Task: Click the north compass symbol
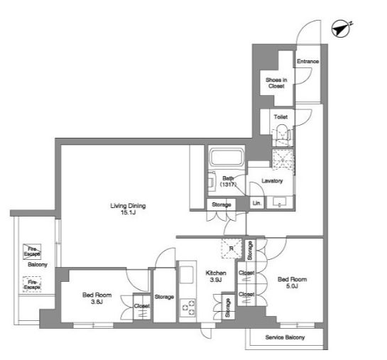(341, 28)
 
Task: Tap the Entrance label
(307, 61)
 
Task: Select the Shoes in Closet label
(276, 83)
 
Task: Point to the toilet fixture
(282, 135)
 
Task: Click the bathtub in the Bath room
(226, 157)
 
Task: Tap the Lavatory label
(272, 181)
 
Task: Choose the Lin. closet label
(256, 203)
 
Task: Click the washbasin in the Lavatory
(280, 202)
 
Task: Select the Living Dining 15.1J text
(128, 209)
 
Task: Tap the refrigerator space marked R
(231, 249)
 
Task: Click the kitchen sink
(187, 275)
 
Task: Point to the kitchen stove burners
(188, 307)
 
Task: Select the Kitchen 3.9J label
(216, 276)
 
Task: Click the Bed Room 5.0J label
(293, 283)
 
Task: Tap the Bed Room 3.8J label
(97, 298)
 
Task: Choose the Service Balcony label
(285, 337)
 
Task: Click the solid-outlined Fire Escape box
(32, 251)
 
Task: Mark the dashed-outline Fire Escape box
(32, 285)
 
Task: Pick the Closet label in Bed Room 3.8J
(142, 306)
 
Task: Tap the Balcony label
(38, 265)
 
